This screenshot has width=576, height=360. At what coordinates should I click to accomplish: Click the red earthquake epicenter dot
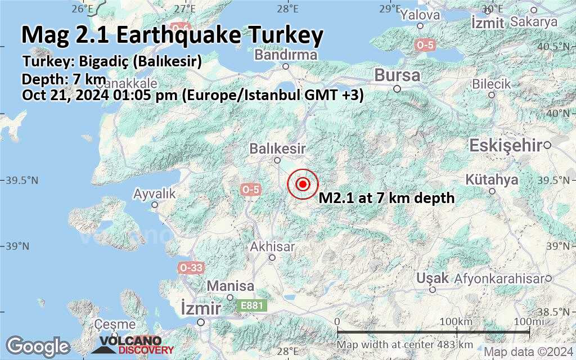point(303,184)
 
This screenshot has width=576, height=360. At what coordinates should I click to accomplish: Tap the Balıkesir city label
point(278,149)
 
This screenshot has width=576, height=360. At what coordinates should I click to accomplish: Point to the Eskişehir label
point(506,146)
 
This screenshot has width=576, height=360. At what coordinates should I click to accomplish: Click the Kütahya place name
point(492,180)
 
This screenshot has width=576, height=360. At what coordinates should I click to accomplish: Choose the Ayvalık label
point(155,194)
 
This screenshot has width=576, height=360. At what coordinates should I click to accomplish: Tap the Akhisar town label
point(272,247)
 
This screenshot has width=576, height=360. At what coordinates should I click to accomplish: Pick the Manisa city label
point(230,286)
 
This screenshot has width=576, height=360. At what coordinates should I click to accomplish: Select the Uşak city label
point(433,278)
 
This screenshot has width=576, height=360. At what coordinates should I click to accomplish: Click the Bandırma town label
point(286,55)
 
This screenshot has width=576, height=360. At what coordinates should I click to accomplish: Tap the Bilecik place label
point(491,84)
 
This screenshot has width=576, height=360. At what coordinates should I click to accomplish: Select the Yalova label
point(420,15)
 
